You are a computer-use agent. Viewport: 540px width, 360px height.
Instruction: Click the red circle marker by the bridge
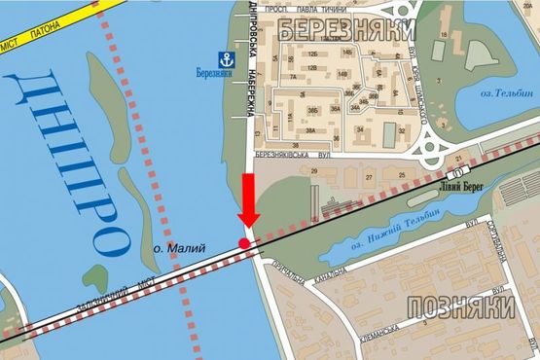(x=243, y=241)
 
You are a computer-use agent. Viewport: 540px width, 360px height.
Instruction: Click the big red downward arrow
(x=248, y=200)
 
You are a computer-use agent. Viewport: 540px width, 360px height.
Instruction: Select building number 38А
(x=311, y=130)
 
